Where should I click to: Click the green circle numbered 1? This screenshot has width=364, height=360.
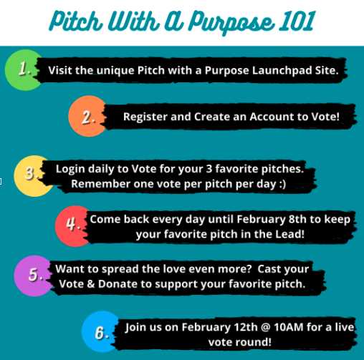pos(23,70)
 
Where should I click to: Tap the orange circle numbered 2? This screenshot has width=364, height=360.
pos(87,116)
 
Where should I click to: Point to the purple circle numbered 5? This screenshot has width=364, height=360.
pos(33,276)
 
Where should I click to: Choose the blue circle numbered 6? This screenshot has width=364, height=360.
pos(100,331)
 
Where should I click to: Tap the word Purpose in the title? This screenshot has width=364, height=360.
pos(231,23)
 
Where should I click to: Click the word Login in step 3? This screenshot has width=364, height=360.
pos(70,170)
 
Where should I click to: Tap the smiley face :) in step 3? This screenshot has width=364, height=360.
pos(282,184)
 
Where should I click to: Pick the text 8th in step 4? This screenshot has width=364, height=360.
pos(297,219)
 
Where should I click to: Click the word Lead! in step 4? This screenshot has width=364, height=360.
pos(290,234)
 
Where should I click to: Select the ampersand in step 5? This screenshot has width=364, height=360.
pos(90,284)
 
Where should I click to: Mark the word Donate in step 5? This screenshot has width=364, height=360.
pos(118,284)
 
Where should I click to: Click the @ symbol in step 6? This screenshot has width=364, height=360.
pos(265,327)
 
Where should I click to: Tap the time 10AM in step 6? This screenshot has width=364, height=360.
pos(289,327)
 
